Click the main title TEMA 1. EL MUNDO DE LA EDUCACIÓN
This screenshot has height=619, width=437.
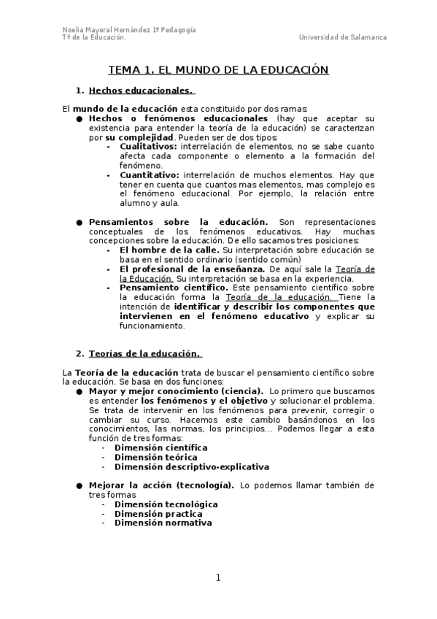tap(218, 70)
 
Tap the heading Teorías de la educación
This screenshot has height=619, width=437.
tap(144, 354)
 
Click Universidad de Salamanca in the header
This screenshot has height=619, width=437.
tap(343, 37)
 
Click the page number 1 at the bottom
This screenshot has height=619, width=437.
tap(217, 578)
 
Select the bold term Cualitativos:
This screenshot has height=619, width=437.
tap(148, 146)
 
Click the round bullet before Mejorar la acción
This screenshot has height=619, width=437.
tap(79, 485)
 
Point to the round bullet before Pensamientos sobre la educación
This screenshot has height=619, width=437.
tap(79, 222)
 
